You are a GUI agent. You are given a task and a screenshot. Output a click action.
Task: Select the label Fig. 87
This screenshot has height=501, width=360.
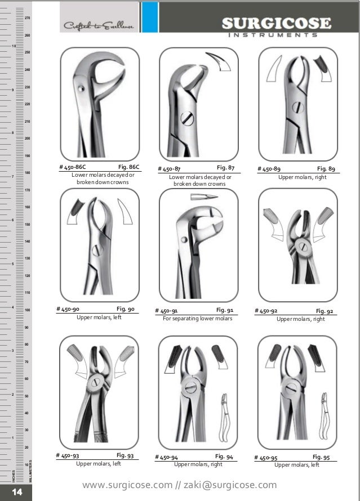click(x=225, y=168)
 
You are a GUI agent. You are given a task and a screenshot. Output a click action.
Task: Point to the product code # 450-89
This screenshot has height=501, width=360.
click(x=269, y=168)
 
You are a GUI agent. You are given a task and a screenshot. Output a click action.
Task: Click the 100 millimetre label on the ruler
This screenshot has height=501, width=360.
click(x=26, y=310)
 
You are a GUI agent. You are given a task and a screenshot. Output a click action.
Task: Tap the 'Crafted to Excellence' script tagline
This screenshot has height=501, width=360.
click(x=99, y=26)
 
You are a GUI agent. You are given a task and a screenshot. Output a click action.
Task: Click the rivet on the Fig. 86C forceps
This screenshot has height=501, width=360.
click(x=82, y=88)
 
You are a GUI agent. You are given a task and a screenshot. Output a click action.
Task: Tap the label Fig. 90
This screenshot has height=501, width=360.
click(x=125, y=309)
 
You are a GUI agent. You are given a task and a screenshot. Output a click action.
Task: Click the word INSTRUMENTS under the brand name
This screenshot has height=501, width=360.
click(x=275, y=35)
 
